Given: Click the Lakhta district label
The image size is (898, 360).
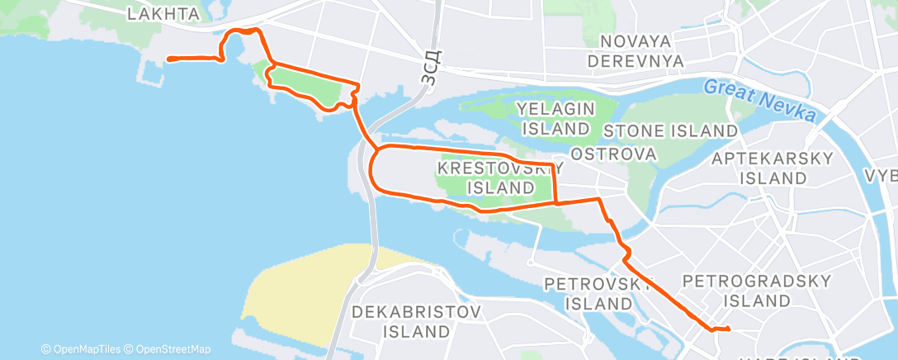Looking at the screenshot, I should coord(164,13).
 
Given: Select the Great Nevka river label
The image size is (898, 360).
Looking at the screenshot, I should coord(759,98).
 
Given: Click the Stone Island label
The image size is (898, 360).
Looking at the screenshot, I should coord(670,130).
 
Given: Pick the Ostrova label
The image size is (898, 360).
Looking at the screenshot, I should coord(613,154).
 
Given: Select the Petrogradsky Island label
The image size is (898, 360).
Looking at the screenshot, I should coord(757,291).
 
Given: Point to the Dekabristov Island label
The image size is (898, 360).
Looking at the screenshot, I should coord(416,322).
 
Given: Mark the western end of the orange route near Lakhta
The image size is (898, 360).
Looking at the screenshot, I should coord(169,59).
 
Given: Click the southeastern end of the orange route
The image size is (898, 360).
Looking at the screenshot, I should coord(730,330).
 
